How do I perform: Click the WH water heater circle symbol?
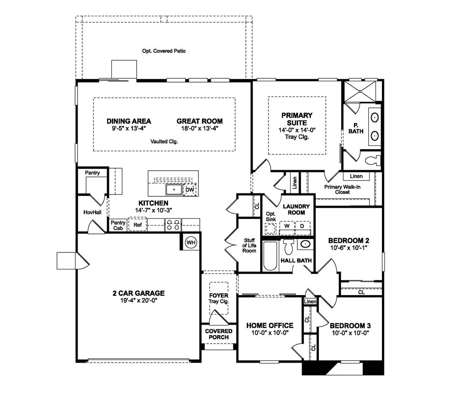(191, 242)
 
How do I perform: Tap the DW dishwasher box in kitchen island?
(189, 190)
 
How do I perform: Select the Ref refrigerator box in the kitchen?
(137, 225)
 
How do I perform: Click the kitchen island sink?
(174, 190)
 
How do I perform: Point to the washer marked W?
(287, 226)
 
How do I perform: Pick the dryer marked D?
(302, 226)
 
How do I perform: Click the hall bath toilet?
(288, 247)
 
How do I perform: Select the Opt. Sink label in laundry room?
(271, 217)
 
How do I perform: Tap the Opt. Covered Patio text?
(164, 51)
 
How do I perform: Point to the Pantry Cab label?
(118, 225)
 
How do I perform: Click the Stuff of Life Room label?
(250, 245)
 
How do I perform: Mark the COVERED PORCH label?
(219, 334)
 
